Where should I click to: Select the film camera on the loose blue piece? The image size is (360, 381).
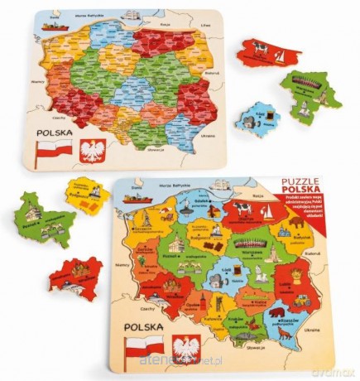pos(249,122)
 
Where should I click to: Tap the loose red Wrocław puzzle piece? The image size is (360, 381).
pos(74,274)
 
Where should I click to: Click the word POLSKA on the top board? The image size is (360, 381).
pos(53,132)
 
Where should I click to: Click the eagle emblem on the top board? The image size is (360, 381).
pos(93,151)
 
